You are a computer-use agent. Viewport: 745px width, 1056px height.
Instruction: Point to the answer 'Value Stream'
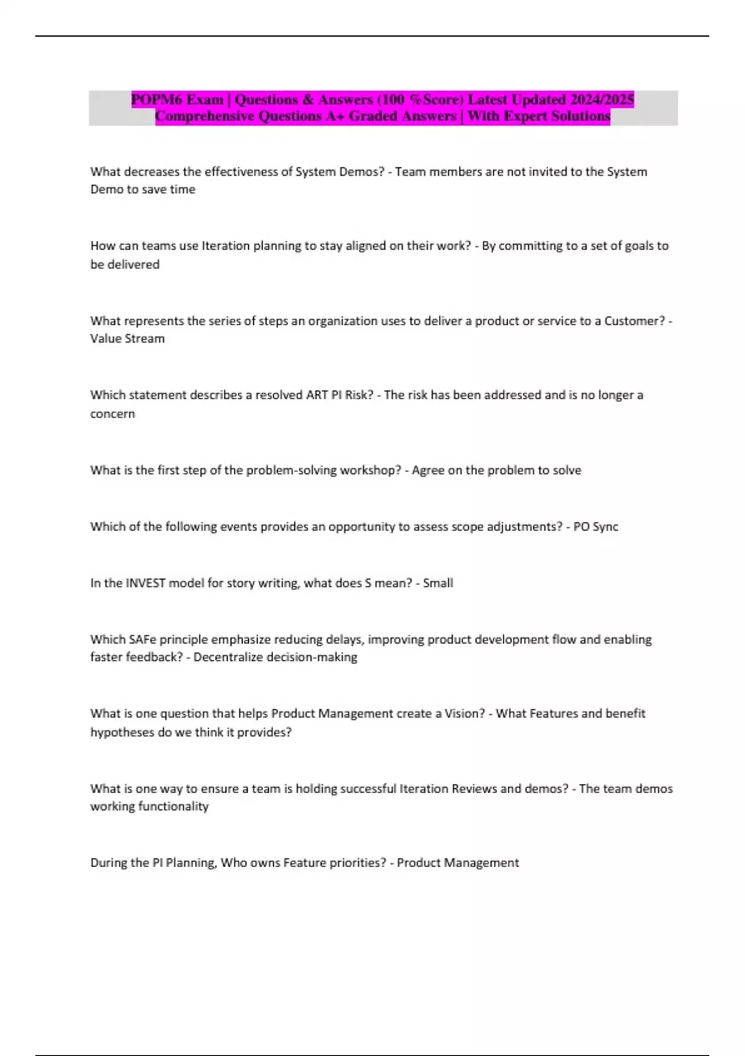[127, 339]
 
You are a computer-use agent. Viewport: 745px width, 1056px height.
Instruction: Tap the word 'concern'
[112, 414]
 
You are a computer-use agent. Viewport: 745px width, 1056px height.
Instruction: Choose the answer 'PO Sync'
[595, 527]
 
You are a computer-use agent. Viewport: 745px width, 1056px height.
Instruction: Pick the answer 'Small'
[438, 583]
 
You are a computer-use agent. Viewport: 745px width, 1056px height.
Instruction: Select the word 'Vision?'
[464, 713]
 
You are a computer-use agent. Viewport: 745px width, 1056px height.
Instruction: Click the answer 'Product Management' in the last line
[458, 863]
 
